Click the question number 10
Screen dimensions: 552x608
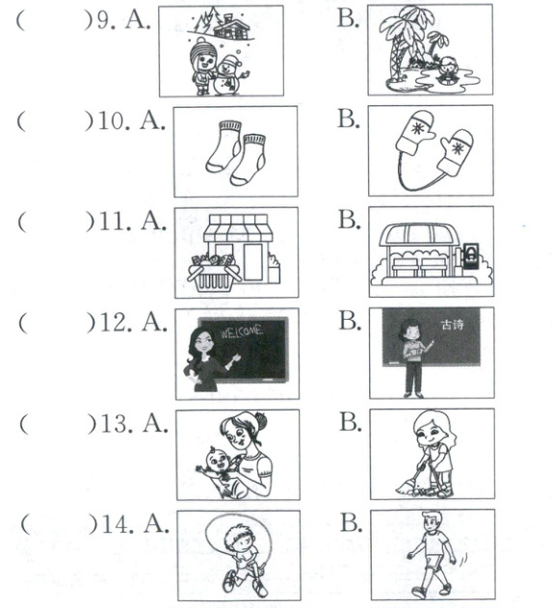pos(113,120)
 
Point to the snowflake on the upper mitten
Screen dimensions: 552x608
pos(417,128)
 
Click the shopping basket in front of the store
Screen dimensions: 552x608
pos(213,274)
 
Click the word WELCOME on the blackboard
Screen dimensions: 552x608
pos(242,332)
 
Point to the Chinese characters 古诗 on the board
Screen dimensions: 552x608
pos(452,324)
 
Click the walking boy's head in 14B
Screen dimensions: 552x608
pos(431,520)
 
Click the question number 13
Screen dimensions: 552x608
pos(116,424)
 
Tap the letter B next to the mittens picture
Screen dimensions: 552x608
pos(348,119)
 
